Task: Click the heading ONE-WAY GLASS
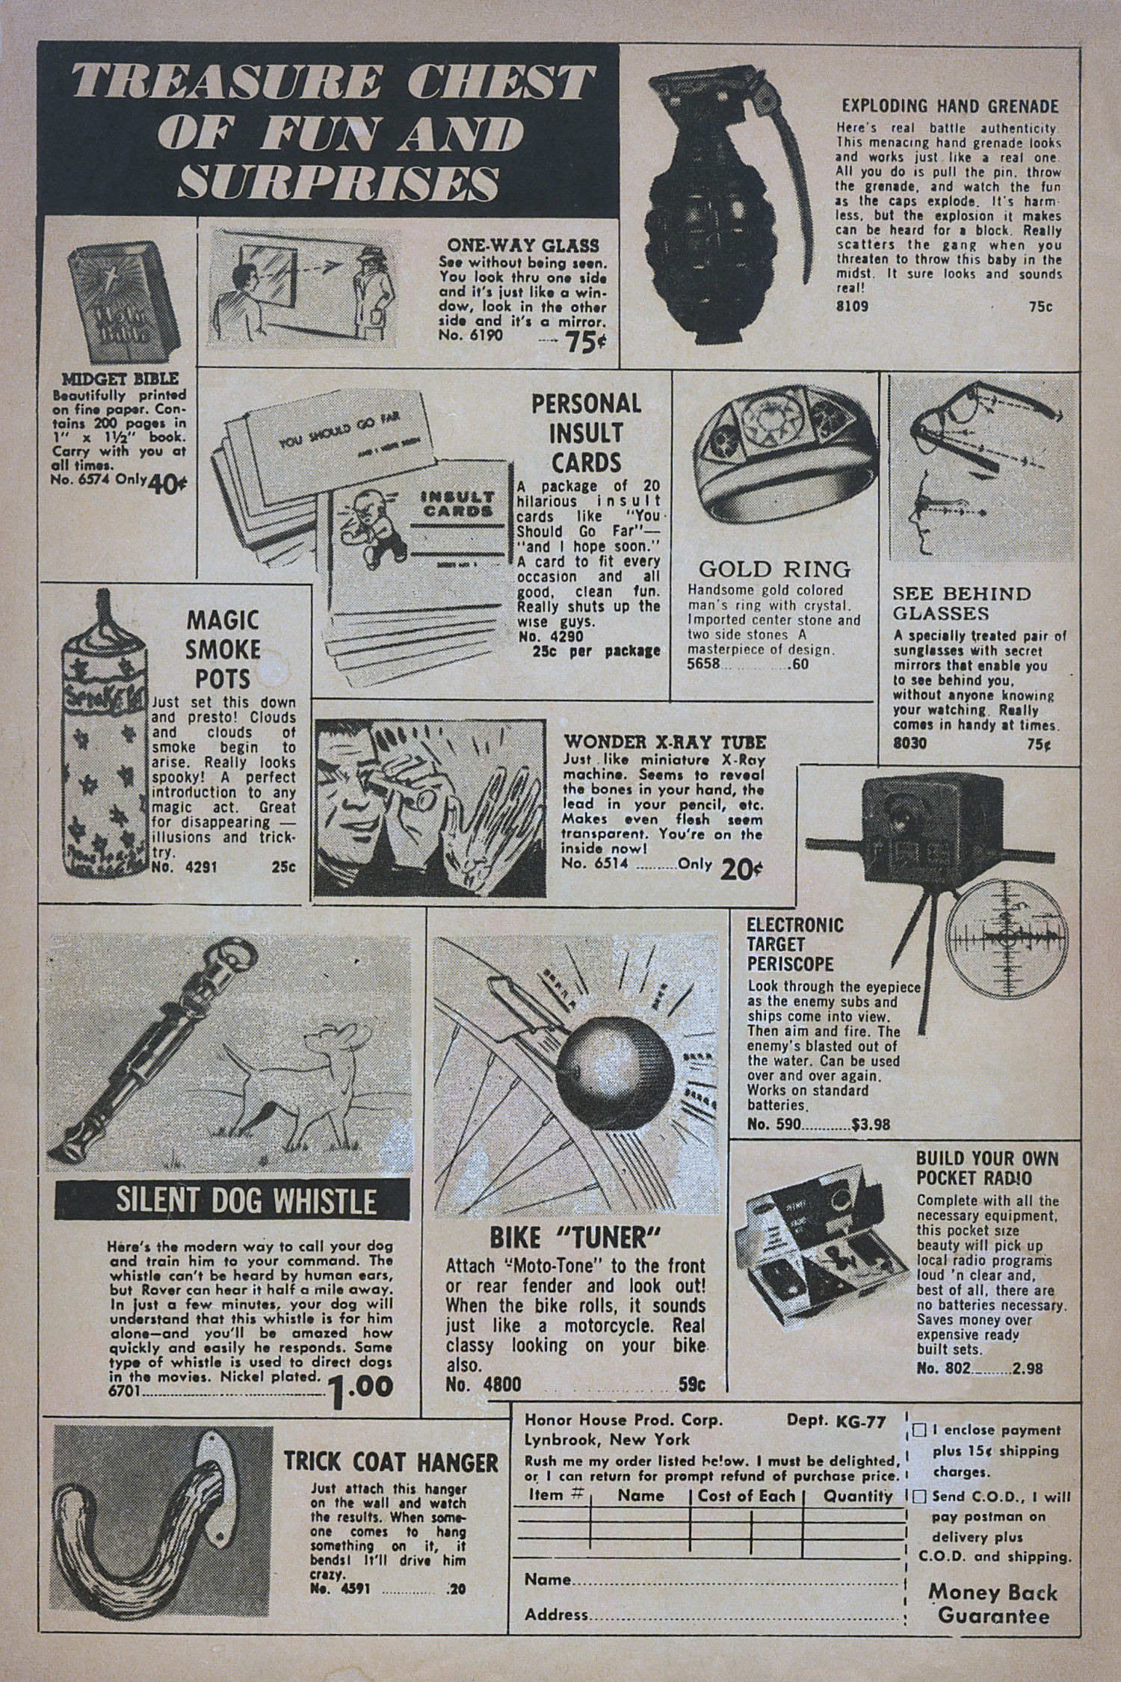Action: tap(523, 244)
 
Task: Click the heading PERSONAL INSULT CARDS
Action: tap(587, 434)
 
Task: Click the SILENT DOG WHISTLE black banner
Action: tap(232, 1202)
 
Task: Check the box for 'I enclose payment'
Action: tap(919, 1430)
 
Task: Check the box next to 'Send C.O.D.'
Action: tap(919, 1497)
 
